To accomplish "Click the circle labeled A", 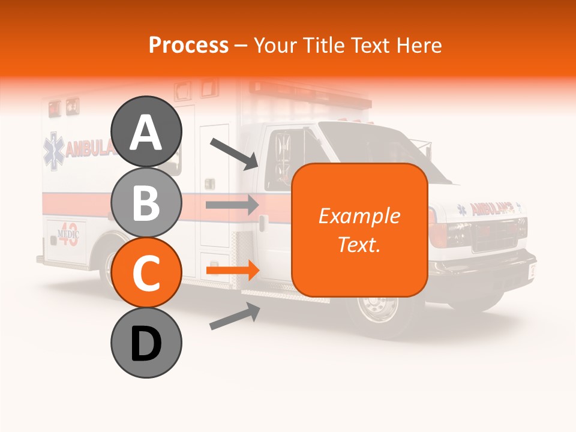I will click(146, 131).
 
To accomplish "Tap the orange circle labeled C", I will click(146, 273).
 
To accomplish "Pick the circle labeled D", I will click(146, 343).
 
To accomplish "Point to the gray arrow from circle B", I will click(232, 205).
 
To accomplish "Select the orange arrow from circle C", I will click(232, 271).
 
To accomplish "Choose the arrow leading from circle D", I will click(234, 317).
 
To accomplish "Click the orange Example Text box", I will click(359, 230).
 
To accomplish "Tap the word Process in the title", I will click(188, 45).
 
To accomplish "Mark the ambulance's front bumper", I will click(492, 264).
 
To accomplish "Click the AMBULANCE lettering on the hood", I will click(492, 208).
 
